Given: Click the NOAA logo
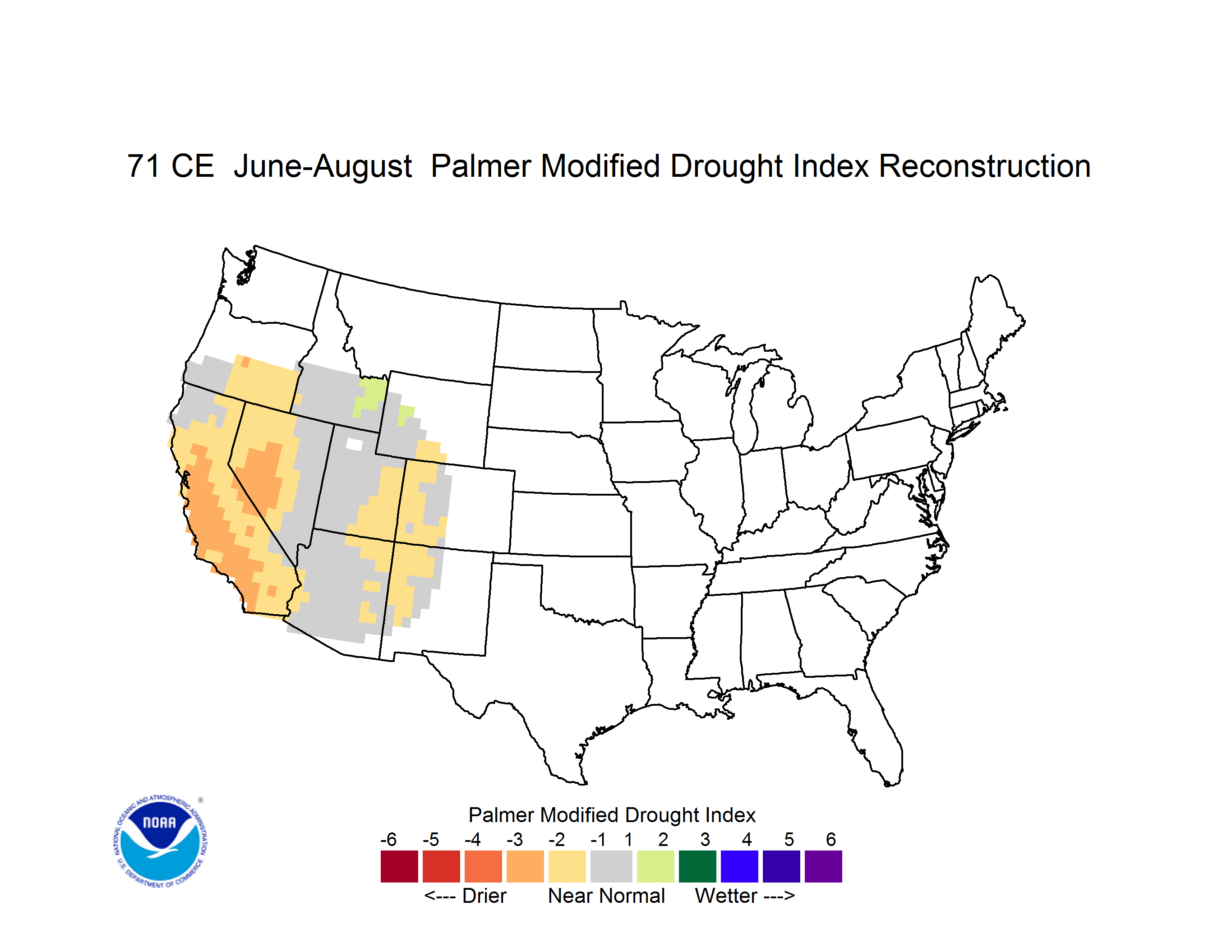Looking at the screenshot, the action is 160,841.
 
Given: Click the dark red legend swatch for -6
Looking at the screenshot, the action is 399,866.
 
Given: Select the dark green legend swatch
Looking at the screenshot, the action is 697,866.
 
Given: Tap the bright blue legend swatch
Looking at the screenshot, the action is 739,866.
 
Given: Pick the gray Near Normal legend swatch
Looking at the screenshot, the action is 611,866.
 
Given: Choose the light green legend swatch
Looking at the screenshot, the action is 655,866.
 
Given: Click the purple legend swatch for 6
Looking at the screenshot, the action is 823,866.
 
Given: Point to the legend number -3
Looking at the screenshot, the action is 514,839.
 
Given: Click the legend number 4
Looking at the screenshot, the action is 747,839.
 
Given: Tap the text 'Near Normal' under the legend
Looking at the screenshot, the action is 606,896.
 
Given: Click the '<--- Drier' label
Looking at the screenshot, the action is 465,896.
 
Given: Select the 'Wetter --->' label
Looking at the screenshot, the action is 744,896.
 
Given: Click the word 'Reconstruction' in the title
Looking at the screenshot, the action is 984,166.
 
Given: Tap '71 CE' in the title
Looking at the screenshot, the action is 171,166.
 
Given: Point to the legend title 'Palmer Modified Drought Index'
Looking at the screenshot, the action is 612,815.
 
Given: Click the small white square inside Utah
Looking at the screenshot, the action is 354,444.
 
